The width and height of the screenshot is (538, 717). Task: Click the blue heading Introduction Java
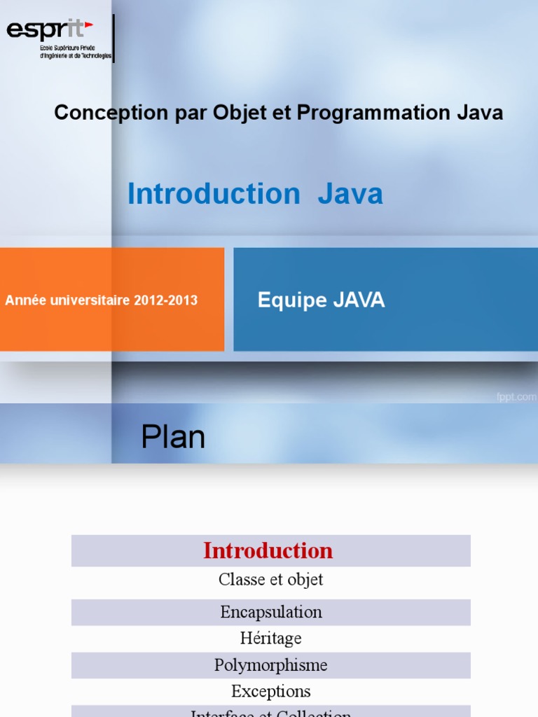tap(255, 194)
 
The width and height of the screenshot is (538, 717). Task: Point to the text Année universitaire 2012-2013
tap(102, 300)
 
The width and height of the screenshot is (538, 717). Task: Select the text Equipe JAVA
tap(321, 300)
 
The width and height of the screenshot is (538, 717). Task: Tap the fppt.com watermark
tap(516, 397)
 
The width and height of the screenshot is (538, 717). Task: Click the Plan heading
tap(173, 438)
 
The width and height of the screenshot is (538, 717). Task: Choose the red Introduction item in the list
tap(268, 551)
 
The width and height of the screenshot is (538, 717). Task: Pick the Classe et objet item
tap(270, 580)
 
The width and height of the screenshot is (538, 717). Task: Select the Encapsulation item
tap(270, 612)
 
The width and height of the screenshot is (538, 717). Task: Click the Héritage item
tap(270, 638)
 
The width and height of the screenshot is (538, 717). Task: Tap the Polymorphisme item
tap(270, 664)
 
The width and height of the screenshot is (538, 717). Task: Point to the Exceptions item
tap(270, 691)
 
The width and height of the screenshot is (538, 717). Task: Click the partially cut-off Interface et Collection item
tap(270, 713)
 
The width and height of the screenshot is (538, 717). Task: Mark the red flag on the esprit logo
tap(88, 26)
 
